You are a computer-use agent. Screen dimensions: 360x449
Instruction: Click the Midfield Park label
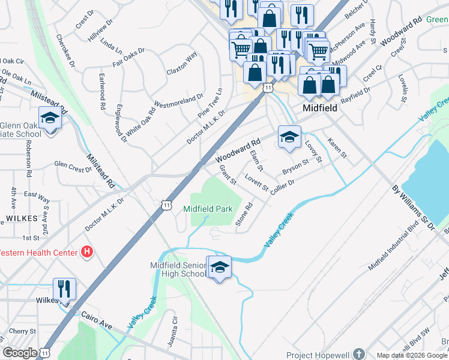point(208,209)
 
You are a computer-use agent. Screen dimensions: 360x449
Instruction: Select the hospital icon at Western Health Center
point(88,251)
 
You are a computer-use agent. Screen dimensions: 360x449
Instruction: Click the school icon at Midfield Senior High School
point(220,268)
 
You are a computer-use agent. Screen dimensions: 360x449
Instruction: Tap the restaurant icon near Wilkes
point(64,288)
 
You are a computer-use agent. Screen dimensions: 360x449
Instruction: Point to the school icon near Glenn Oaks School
point(50,118)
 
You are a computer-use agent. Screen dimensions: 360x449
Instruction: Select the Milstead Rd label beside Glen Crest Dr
point(100,171)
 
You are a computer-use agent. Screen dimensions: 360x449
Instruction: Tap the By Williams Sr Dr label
point(412,208)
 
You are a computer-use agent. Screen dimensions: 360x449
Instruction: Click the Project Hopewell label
point(318,355)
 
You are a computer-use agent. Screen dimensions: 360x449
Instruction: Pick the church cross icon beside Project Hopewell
point(359,355)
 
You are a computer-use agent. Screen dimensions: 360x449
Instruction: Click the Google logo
point(20,353)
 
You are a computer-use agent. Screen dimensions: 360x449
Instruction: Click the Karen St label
point(337,148)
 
